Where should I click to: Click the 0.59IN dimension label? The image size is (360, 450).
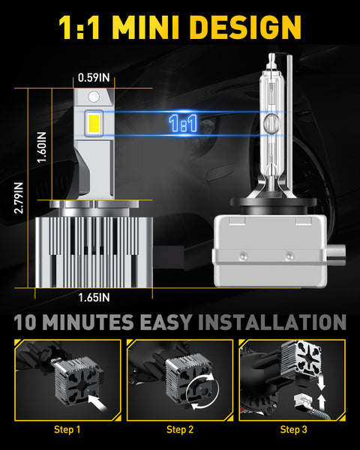pyautogui.click(x=94, y=77)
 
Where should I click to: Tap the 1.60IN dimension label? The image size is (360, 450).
pyautogui.click(x=42, y=148)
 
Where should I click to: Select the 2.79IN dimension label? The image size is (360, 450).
pyautogui.click(x=19, y=198)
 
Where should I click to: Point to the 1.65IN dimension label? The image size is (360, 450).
pyautogui.click(x=94, y=297)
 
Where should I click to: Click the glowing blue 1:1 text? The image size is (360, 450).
pyautogui.click(x=183, y=124)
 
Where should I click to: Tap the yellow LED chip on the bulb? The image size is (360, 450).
pyautogui.click(x=94, y=123)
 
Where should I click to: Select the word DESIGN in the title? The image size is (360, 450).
pyautogui.click(x=245, y=27)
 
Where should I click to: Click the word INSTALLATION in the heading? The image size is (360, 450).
pyautogui.click(x=272, y=322)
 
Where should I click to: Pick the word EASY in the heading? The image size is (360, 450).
pyautogui.click(x=166, y=322)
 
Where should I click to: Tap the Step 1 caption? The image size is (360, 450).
pyautogui.click(x=67, y=430)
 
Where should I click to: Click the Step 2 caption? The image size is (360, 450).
pyautogui.click(x=180, y=430)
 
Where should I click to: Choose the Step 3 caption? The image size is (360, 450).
pyautogui.click(x=293, y=430)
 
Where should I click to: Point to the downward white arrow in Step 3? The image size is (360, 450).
pyautogui.click(x=321, y=382)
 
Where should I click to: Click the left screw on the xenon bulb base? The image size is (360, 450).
pyautogui.click(x=243, y=255)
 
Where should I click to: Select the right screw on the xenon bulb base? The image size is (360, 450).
pyautogui.click(x=289, y=255)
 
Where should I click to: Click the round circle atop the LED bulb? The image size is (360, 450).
pyautogui.click(x=94, y=97)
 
